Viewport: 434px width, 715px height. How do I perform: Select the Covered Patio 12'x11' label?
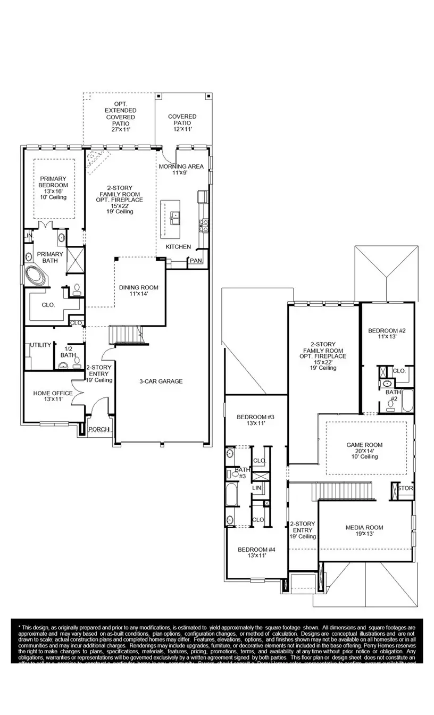click(182, 122)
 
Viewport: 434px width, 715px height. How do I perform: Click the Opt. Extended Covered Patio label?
click(120, 117)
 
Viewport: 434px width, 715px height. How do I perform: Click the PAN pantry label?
click(196, 261)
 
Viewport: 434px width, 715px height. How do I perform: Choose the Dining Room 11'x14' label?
click(138, 290)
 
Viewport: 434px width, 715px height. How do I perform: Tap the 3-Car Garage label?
click(161, 381)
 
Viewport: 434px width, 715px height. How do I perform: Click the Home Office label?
click(53, 396)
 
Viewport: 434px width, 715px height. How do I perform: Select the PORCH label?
click(98, 429)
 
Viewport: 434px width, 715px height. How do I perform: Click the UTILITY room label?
click(41, 345)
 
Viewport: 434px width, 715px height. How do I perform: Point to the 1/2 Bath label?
click(68, 352)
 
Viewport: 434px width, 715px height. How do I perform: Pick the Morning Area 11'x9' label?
click(181, 169)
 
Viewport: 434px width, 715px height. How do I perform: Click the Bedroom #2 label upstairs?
click(387, 334)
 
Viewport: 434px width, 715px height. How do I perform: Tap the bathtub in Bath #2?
click(407, 401)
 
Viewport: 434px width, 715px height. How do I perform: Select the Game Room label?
click(364, 451)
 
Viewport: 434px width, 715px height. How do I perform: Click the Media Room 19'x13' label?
click(364, 530)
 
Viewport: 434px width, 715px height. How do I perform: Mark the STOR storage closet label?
click(405, 488)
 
